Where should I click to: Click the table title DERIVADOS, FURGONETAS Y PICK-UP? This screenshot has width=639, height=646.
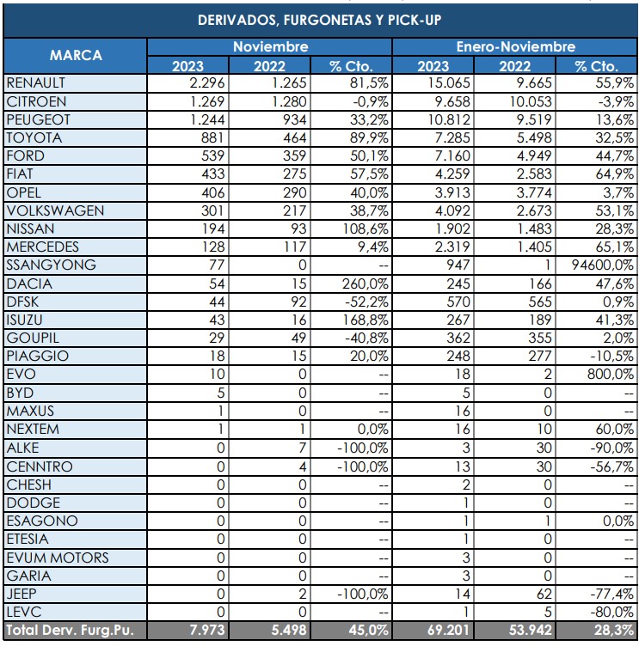[320, 19]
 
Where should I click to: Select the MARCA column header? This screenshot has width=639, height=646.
[75, 55]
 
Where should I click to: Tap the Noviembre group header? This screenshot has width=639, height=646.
[270, 47]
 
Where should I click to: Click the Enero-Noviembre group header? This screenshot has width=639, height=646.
[515, 47]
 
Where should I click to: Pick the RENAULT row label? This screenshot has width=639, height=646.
[35, 83]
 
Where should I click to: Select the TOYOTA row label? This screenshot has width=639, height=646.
[30, 137]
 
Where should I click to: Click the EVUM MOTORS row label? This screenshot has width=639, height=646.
[57, 558]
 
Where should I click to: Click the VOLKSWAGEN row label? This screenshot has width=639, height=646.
[54, 210]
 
